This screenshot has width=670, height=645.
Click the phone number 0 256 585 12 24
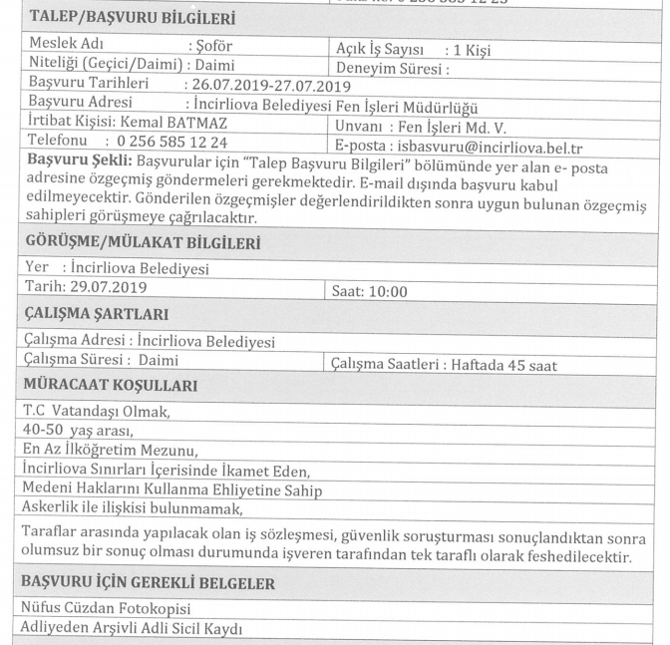(x=170, y=145)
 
